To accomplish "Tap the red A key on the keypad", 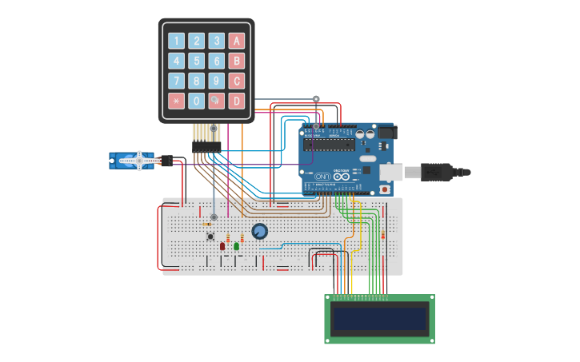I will point(236,41).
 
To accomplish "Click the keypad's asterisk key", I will point(176,101).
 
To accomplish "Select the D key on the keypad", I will point(236,101).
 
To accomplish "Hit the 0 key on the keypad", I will point(196,101).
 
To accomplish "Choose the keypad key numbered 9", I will point(216,81).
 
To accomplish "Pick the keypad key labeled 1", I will point(176,41).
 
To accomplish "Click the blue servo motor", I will point(132,161).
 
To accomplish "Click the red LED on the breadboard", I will point(222,246).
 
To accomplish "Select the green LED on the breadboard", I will point(237,246).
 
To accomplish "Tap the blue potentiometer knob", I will point(259,232).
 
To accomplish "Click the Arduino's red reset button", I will point(385,189).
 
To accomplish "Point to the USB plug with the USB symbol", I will point(440,172).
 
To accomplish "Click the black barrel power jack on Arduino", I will point(386,133).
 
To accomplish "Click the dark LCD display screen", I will point(379,319).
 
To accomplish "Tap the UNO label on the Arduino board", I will point(322,176).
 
